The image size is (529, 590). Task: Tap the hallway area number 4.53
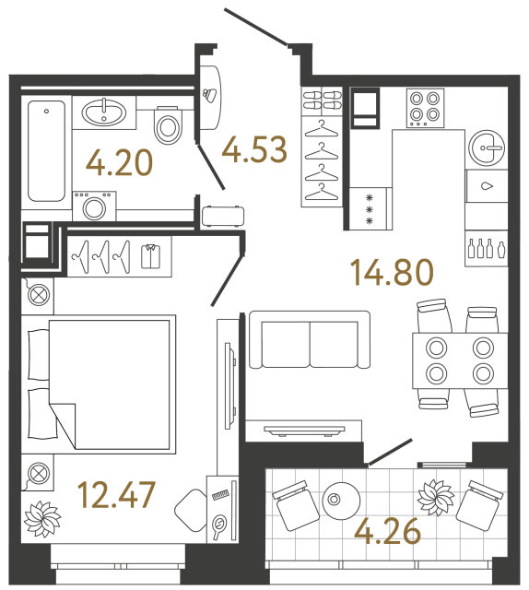coord(253,147)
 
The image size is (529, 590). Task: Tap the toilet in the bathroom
coord(168,125)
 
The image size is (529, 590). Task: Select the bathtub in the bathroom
coord(46,151)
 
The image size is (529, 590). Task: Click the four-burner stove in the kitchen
coord(425,106)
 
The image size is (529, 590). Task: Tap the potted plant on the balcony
coord(435,499)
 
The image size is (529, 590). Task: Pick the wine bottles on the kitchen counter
coord(487,247)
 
